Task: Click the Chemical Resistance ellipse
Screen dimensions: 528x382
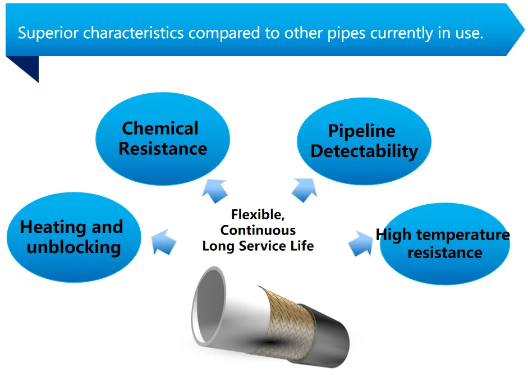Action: coord(163,139)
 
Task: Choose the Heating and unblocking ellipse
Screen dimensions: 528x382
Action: coord(74,237)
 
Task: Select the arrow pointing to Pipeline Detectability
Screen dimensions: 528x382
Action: coord(305,190)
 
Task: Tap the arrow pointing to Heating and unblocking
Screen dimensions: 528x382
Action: coord(164,242)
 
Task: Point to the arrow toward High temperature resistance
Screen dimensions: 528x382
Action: coord(360,243)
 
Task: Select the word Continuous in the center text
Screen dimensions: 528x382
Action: coord(258,230)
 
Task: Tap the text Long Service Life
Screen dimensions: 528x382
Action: coord(258,246)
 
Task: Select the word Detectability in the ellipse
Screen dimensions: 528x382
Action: coord(364,151)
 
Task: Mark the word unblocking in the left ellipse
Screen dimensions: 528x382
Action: coord(74,247)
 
